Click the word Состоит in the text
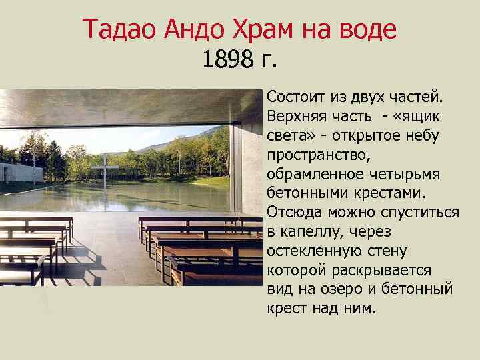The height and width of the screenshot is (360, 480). click(296, 97)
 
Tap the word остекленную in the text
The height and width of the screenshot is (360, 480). click(312, 251)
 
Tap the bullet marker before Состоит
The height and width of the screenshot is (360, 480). click(261, 98)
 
